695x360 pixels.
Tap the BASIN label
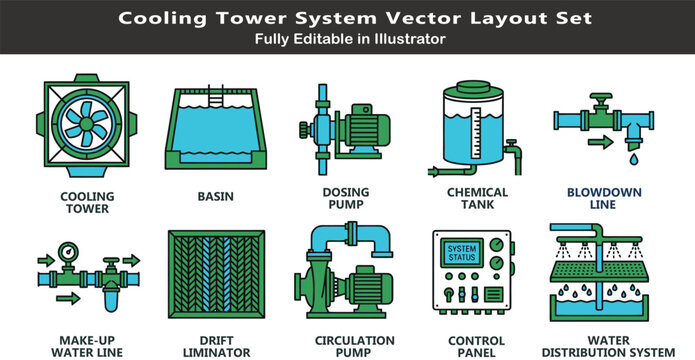pyautogui.click(x=215, y=197)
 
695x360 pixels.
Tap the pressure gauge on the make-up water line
pyautogui.click(x=68, y=252)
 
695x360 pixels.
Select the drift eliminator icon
pyautogui.click(x=215, y=285)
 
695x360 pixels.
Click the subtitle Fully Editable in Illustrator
pyautogui.click(x=347, y=39)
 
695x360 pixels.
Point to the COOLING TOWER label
pyautogui.click(x=87, y=202)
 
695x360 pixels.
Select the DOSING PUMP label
pyautogui.click(x=346, y=198)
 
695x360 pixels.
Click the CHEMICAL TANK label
pyautogui.click(x=477, y=198)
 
